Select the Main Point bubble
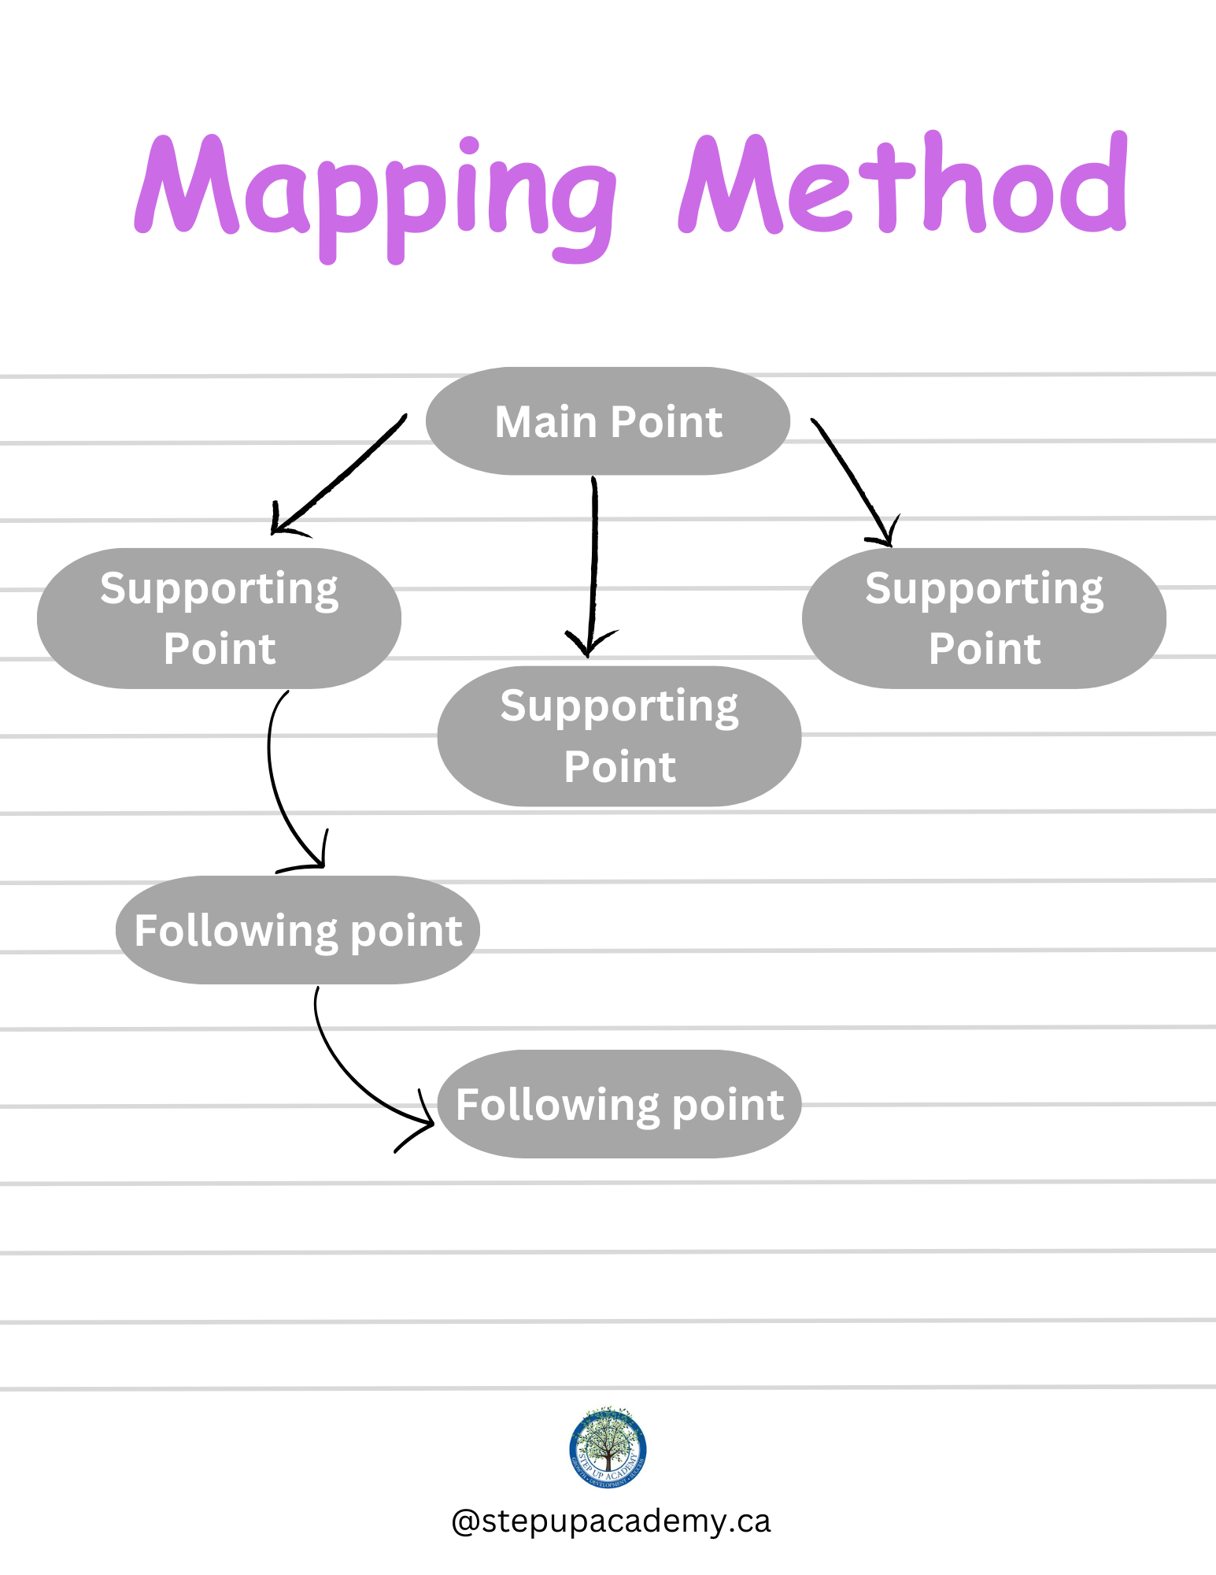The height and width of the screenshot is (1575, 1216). click(x=608, y=421)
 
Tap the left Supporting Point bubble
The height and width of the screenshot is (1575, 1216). click(x=219, y=618)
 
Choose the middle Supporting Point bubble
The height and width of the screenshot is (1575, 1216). click(x=619, y=736)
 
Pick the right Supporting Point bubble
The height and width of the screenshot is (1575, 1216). click(x=984, y=618)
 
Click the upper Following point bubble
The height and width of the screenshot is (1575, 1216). click(x=298, y=930)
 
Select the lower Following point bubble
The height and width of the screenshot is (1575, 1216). click(x=619, y=1104)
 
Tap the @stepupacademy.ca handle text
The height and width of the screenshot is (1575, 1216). click(x=611, y=1521)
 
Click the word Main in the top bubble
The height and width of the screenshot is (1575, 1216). click(x=545, y=422)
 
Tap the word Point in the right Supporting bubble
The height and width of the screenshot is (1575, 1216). click(x=984, y=649)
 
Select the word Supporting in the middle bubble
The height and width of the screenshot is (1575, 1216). click(x=619, y=706)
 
